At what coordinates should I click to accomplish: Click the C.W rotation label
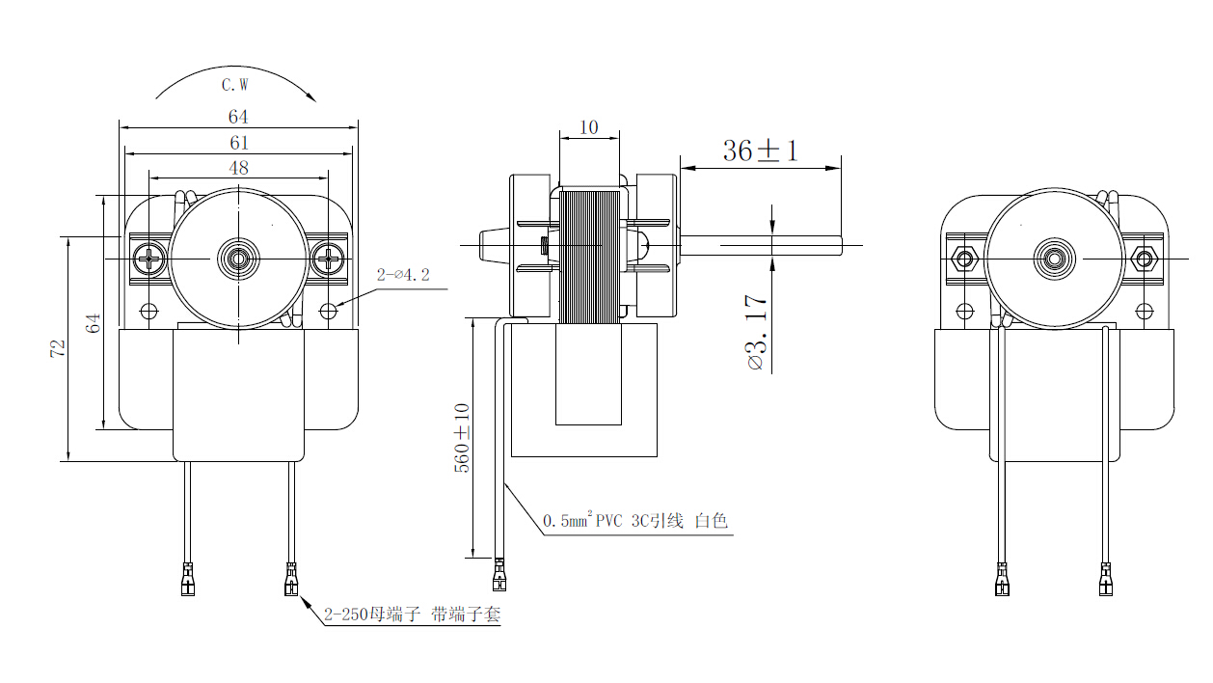point(235,85)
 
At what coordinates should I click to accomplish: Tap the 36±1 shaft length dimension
point(760,150)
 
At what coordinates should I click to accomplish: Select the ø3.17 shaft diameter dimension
point(757,332)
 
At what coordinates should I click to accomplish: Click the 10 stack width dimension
point(588,127)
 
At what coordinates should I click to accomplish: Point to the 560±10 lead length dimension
point(462,438)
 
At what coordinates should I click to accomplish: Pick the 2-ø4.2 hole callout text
point(403,275)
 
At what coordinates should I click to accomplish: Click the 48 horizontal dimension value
point(238,168)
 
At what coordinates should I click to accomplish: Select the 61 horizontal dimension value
point(239,143)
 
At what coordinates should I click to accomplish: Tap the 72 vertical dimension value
point(58,348)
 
